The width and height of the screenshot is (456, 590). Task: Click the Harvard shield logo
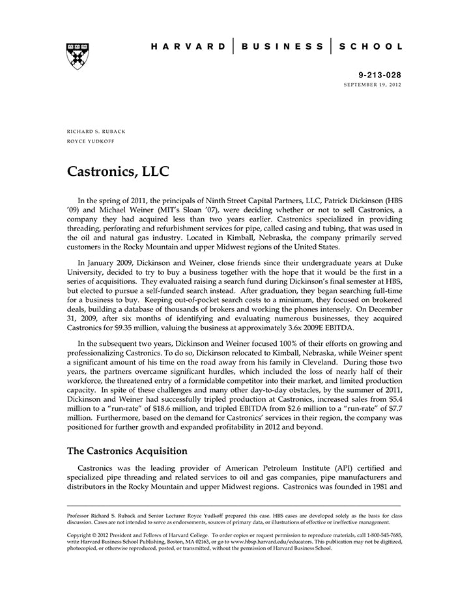point(78,56)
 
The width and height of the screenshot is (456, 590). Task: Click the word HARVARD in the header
point(186,46)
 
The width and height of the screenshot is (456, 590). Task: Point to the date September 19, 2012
point(373,85)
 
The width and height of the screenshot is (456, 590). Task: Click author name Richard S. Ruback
point(96,132)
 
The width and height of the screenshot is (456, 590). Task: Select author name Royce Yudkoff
point(91,141)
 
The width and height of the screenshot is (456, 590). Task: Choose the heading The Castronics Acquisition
point(127,451)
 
